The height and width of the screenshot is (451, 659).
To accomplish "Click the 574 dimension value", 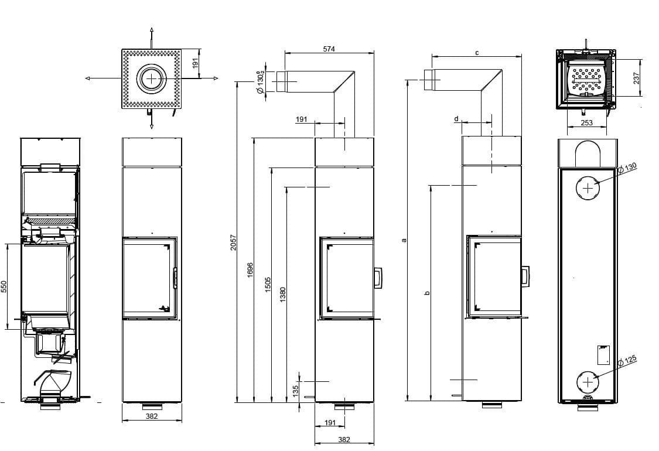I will [x=329, y=49].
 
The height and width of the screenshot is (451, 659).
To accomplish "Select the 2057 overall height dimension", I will [x=233, y=242].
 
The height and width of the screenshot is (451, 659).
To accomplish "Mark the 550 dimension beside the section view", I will [x=4, y=286].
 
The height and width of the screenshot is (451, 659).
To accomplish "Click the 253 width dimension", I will [x=586, y=123].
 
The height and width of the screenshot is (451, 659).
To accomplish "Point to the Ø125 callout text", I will [x=627, y=361].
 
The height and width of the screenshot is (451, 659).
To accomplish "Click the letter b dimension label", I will [x=427, y=293].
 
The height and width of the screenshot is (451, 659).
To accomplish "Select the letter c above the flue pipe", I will [x=477, y=53].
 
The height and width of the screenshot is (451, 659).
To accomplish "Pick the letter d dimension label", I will [x=457, y=119].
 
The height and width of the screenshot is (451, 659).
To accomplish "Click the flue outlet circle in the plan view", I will [x=152, y=78].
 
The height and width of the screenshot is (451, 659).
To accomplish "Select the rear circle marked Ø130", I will [x=588, y=187].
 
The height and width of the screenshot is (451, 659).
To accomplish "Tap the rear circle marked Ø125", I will [x=588, y=382].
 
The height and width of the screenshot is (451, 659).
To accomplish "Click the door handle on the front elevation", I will [x=174, y=278].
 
